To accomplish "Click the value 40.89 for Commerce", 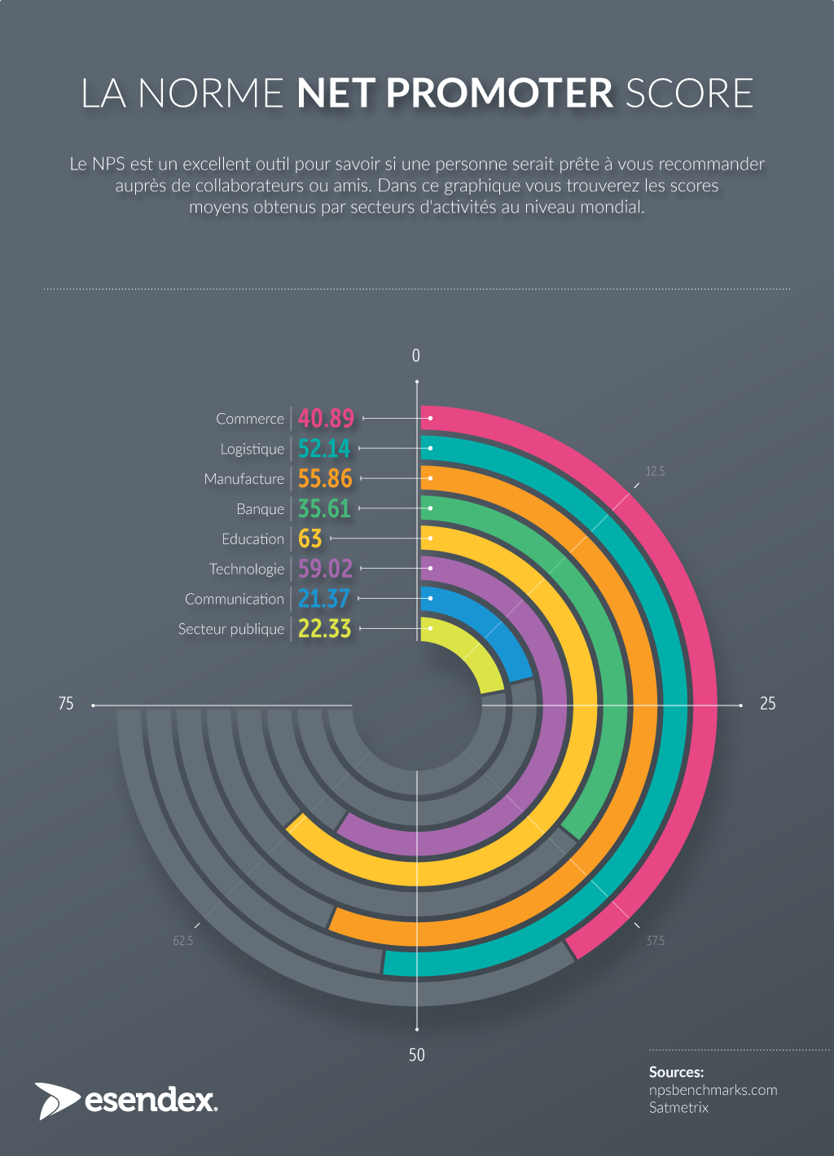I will click(x=326, y=419).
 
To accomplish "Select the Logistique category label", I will click(x=252, y=449).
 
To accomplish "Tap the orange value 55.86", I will click(x=325, y=479).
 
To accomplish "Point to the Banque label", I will click(x=260, y=509).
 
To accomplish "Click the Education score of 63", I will click(x=310, y=539).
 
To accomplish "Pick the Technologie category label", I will click(x=246, y=569).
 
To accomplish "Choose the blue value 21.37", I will click(x=323, y=599).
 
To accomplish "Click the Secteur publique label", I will click(x=230, y=629).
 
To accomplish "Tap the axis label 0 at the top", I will click(x=416, y=356).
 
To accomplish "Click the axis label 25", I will click(x=767, y=704).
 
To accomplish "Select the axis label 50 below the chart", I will click(x=416, y=1055).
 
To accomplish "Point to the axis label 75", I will click(x=66, y=704).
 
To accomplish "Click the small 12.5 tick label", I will click(x=655, y=472).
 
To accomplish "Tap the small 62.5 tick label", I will click(x=182, y=941).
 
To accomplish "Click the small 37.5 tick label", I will click(x=655, y=941).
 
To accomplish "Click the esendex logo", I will click(x=126, y=1101).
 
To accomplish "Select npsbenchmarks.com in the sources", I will click(x=713, y=1090).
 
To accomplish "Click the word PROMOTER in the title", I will click(x=498, y=94).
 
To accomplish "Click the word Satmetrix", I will click(x=678, y=1108).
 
